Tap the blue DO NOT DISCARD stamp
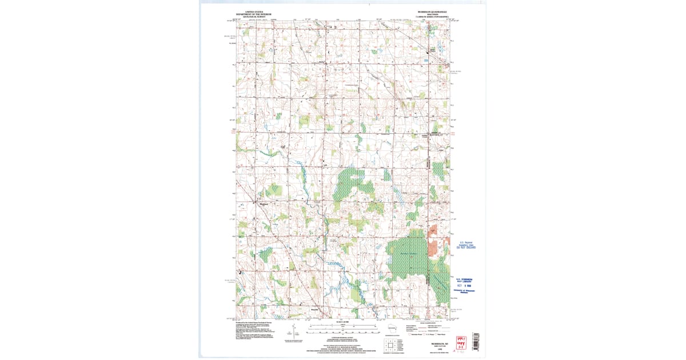[x=466, y=247]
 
